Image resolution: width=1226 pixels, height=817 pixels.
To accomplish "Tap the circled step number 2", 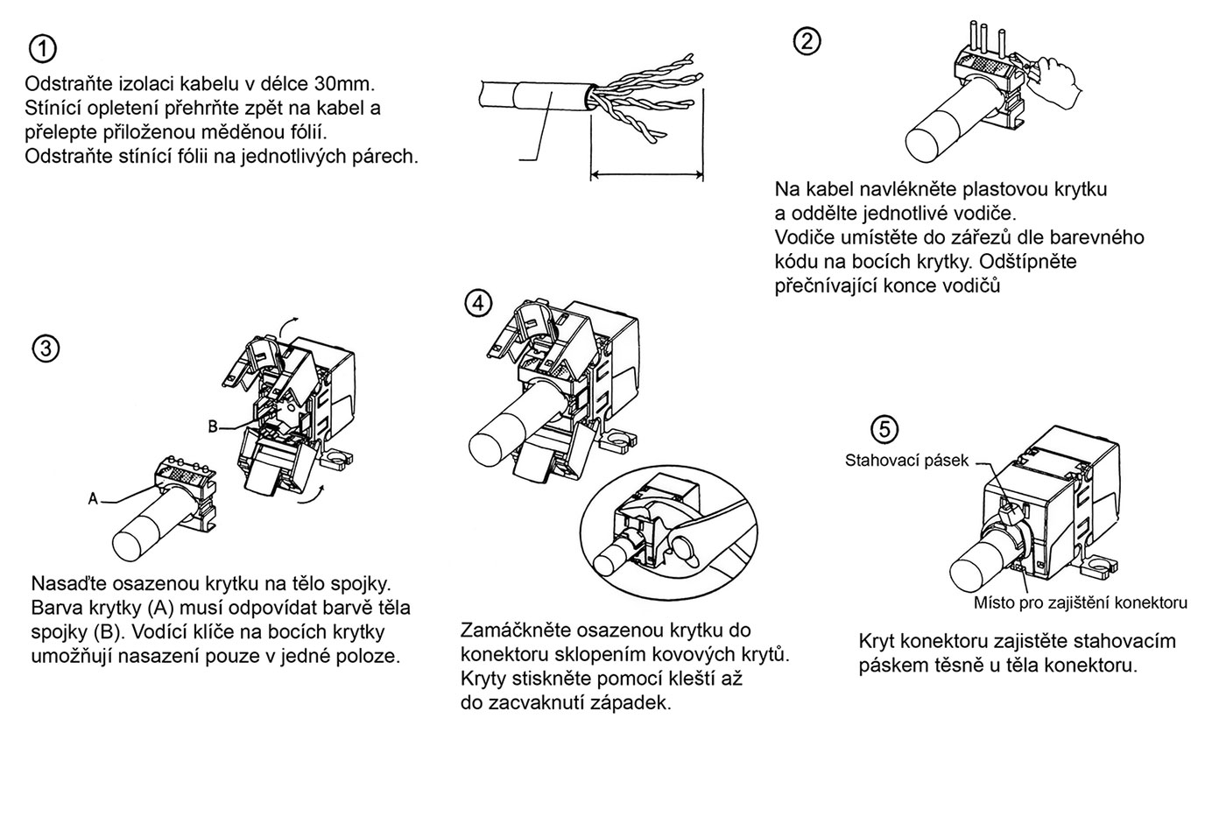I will click(807, 39).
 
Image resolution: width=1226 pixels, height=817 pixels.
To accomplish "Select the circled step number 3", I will click(46, 349).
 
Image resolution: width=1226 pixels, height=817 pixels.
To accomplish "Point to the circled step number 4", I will click(477, 304).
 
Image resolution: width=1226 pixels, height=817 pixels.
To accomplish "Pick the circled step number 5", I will click(885, 429).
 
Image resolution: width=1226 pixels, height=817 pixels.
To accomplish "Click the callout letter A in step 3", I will click(93, 497).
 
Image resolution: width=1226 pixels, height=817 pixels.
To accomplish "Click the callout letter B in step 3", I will click(212, 426).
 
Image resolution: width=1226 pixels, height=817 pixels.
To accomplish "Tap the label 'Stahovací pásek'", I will click(906, 460).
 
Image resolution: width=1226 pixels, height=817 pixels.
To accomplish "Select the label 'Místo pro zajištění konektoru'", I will click(1080, 602).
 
